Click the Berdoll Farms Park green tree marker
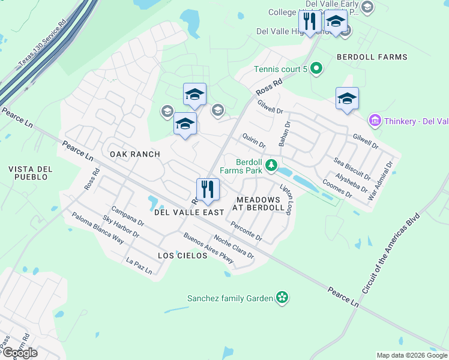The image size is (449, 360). [272, 164]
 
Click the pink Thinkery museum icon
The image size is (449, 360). [375, 121]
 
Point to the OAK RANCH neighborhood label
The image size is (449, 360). [135, 154]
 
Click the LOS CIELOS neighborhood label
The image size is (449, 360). [182, 256]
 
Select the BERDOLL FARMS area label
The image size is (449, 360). [372, 57]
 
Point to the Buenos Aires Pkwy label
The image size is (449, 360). [208, 249]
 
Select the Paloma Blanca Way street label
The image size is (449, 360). [97, 229]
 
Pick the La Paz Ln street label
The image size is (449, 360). [139, 266]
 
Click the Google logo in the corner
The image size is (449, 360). [20, 352]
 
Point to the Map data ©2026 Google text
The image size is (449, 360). [412, 355]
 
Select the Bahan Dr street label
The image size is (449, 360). [284, 134]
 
